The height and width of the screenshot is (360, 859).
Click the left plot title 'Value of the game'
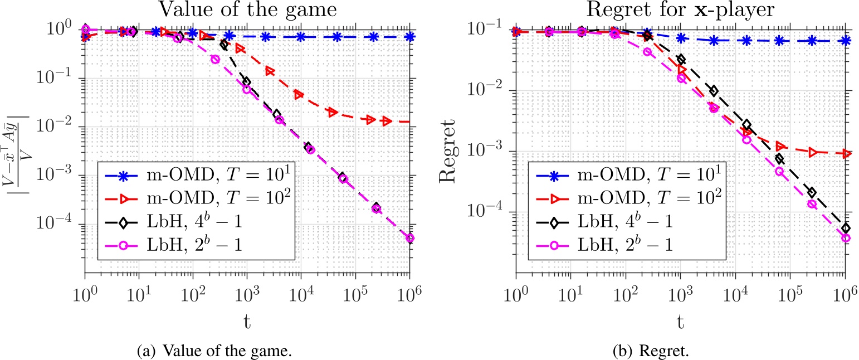tap(247, 11)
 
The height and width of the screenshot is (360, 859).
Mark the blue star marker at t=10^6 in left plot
tap(410, 37)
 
